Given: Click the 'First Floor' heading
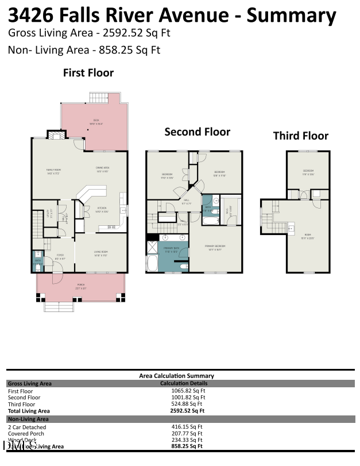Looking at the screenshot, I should pyautogui.click(x=88, y=73).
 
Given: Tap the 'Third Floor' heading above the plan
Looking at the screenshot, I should pyautogui.click(x=300, y=136).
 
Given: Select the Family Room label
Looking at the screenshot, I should pyautogui.click(x=53, y=171).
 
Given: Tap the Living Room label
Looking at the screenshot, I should pyautogui.click(x=101, y=253).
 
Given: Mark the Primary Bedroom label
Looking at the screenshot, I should pyautogui.click(x=215, y=247).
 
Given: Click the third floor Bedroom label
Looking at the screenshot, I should pyautogui.click(x=308, y=173).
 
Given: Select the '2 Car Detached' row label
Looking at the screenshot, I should pyautogui.click(x=27, y=427).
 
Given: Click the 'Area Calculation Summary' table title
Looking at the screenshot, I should pyautogui.click(x=176, y=376).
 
